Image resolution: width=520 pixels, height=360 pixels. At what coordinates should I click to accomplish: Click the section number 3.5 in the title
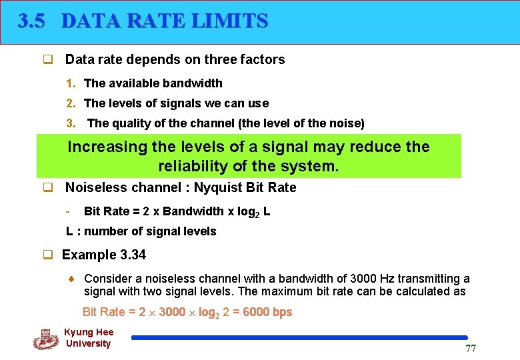click(31, 21)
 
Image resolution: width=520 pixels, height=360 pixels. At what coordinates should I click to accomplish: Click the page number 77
click(471, 349)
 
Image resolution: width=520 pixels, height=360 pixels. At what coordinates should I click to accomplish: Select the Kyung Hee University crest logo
click(46, 339)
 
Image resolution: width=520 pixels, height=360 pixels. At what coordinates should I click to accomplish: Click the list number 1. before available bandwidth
click(71, 83)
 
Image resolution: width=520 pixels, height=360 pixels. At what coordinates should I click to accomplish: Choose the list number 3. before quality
click(71, 123)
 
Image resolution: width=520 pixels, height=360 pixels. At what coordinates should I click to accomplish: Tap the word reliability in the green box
click(193, 165)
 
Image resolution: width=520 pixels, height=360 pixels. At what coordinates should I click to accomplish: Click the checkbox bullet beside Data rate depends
click(48, 60)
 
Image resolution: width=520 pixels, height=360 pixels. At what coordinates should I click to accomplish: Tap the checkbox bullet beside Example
click(48, 255)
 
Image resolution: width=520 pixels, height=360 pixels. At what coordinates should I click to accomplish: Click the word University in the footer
click(88, 343)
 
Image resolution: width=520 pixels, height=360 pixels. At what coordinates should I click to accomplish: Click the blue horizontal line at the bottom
click(299, 338)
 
